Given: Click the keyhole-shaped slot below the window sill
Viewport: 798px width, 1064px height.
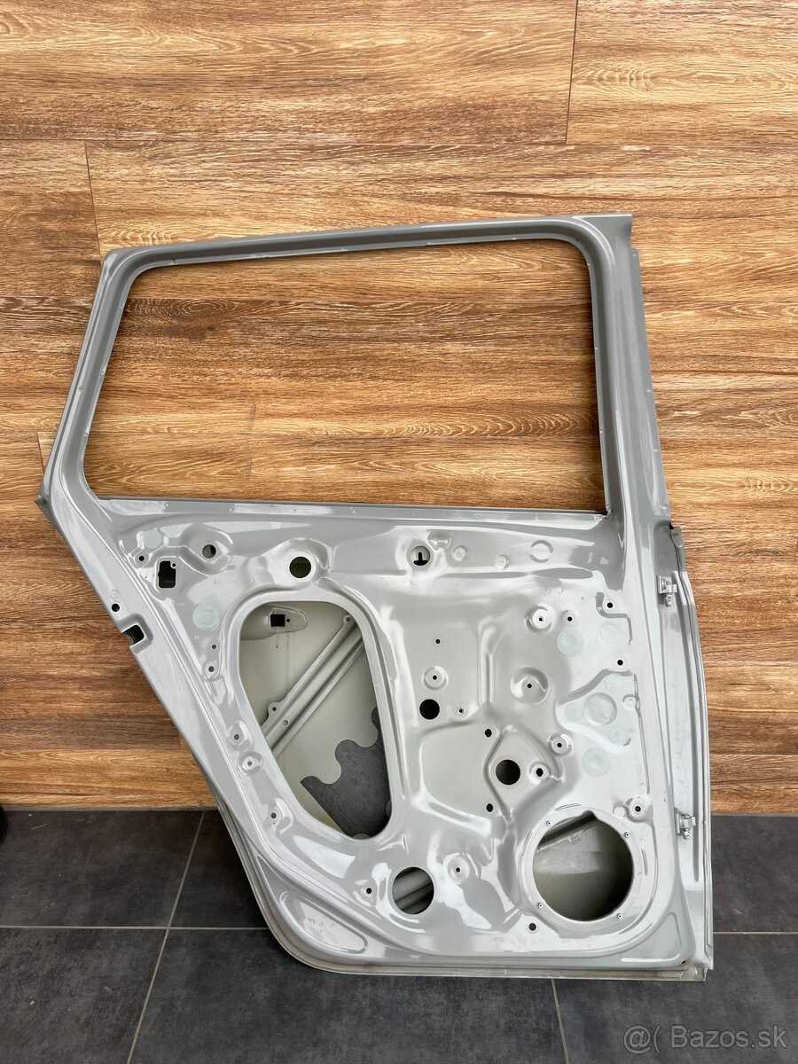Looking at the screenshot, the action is click(x=419, y=555).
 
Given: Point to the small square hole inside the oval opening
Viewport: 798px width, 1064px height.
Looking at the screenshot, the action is click(x=278, y=620).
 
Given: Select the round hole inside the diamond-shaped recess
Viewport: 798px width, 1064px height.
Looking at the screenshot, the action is click(x=507, y=770).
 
